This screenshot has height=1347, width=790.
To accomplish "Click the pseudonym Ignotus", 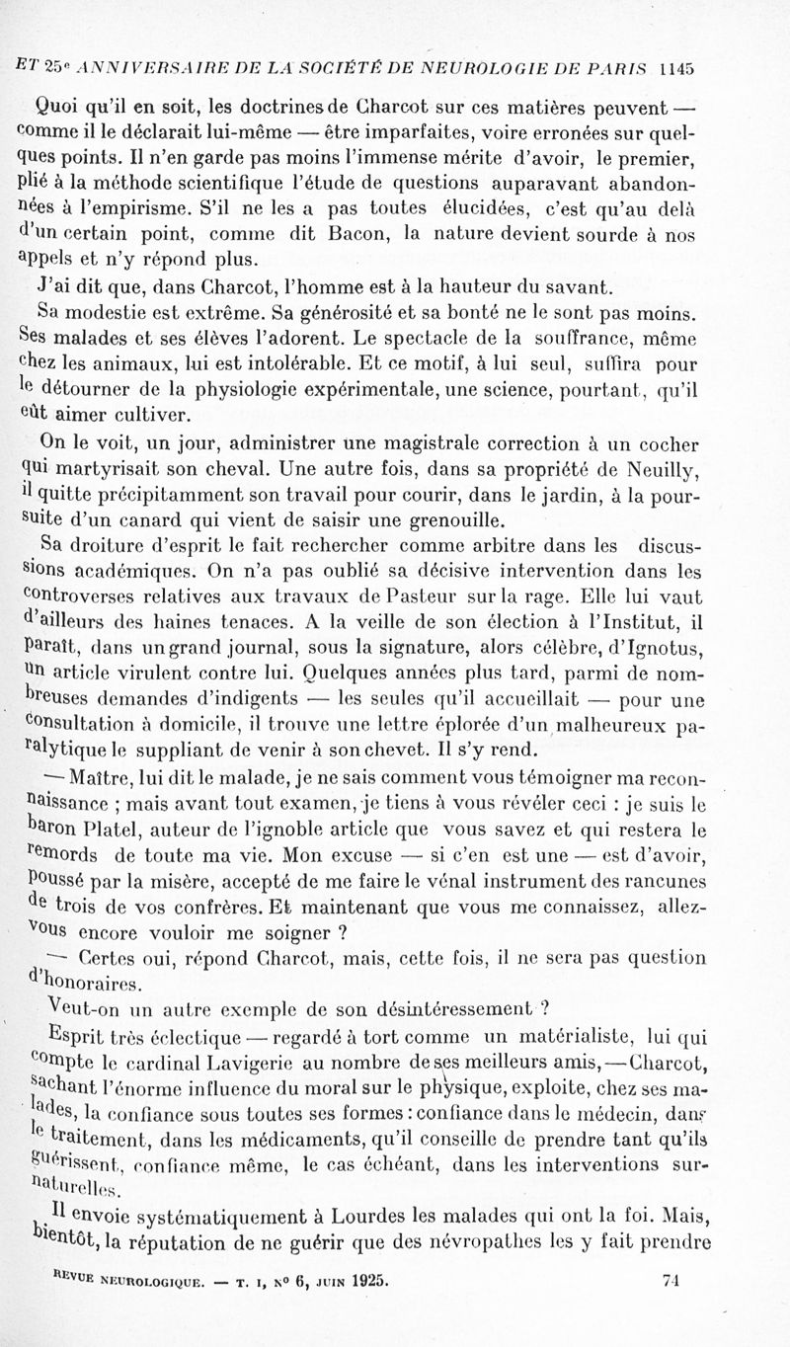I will coord(663,647).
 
